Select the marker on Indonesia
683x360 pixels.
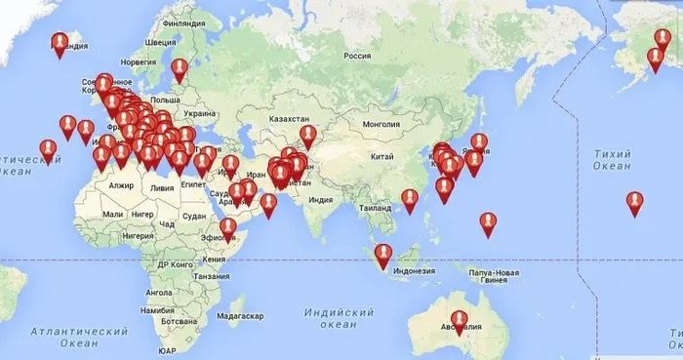pyautogui.click(x=383, y=254)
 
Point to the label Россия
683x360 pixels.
pyautogui.click(x=358, y=56)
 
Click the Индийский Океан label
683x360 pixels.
pyautogui.click(x=340, y=318)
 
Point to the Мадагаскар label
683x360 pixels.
pyautogui.click(x=240, y=316)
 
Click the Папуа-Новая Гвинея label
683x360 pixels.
pyautogui.click(x=493, y=275)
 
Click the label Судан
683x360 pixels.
pyautogui.click(x=194, y=216)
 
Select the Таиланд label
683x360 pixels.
pyautogui.click(x=379, y=208)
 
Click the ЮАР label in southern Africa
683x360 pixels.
pyautogui.click(x=167, y=349)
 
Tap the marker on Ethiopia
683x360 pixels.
pyautogui.click(x=227, y=228)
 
